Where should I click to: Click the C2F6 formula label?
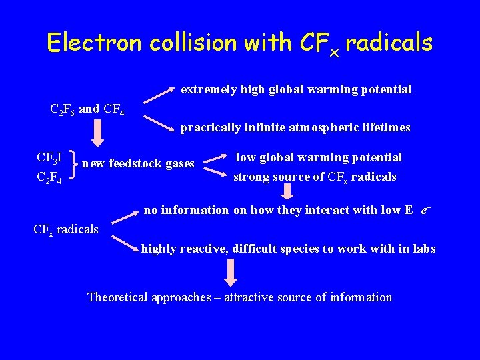[x=63, y=109]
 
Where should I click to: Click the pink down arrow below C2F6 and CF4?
[x=97, y=133]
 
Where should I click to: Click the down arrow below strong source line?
[x=288, y=192]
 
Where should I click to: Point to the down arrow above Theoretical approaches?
[x=231, y=273]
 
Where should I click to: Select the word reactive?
[x=201, y=249]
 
